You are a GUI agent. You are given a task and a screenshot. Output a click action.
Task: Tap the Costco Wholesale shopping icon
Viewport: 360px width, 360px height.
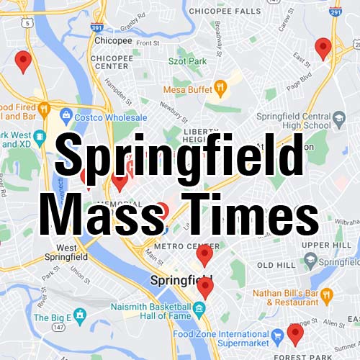66,114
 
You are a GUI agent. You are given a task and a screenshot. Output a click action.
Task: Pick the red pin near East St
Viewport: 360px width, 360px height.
323,48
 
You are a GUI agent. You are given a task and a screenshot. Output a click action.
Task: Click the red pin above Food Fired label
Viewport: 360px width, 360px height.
23,61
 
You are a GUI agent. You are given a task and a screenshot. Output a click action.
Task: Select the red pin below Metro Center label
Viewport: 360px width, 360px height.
204,254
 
